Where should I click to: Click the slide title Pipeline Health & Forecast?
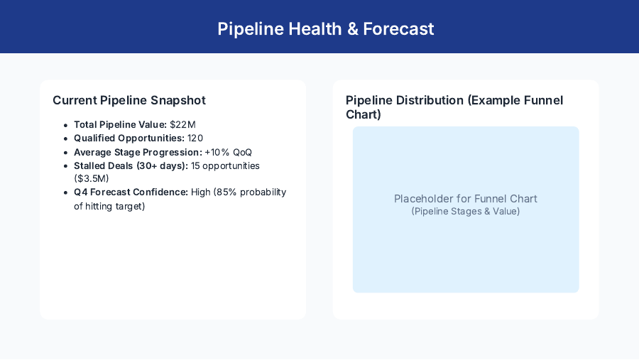[x=325, y=29]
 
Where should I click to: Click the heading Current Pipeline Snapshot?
[x=129, y=100]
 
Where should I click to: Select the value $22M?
[x=182, y=125]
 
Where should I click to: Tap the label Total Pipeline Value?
[x=120, y=125]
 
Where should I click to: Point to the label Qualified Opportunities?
[x=129, y=138]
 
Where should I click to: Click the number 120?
[x=195, y=138]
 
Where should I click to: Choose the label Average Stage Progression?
[x=138, y=152]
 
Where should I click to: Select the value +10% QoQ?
[x=228, y=152]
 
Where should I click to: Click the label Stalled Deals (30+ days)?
[x=131, y=165]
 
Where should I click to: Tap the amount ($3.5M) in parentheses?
[x=92, y=179]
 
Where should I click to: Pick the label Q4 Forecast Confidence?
[x=131, y=192]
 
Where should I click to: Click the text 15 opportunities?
[x=225, y=165]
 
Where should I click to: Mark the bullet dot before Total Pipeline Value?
[x=65, y=125]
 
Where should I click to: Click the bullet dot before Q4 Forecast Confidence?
[x=65, y=192]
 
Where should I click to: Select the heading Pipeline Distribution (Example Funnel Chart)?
[x=454, y=107]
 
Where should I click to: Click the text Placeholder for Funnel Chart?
[x=466, y=199]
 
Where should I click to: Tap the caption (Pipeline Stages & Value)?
[x=466, y=212]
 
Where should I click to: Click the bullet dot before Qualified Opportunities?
[x=65, y=138]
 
